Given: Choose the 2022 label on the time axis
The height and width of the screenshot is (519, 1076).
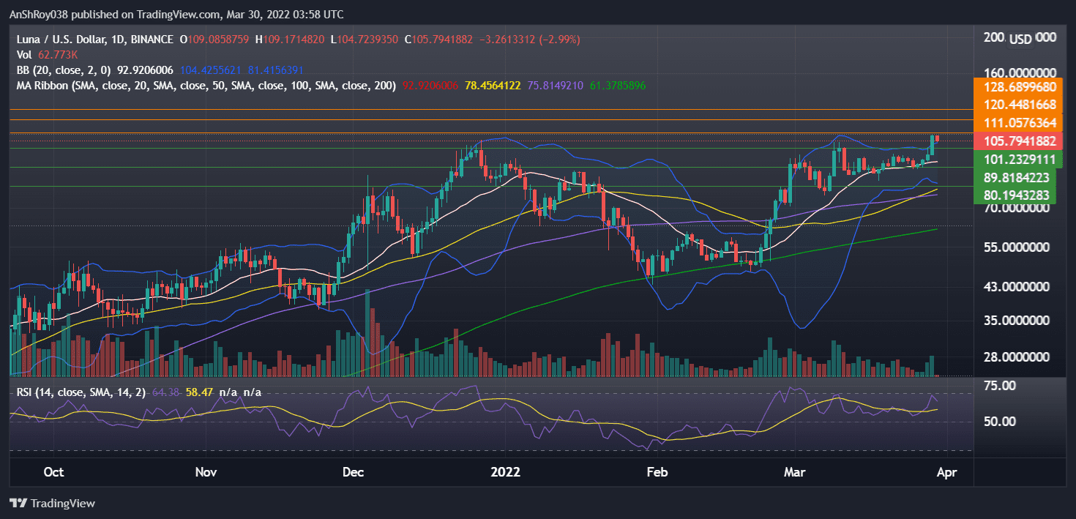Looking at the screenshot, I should (x=505, y=472).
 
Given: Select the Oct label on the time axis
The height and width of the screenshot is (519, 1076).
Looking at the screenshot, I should (x=53, y=472).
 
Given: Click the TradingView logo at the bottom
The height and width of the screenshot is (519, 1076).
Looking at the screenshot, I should (x=52, y=504).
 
